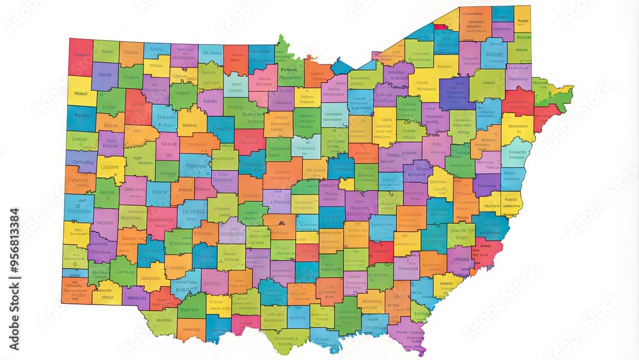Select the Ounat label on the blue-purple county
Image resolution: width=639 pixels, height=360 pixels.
click(x=105, y=75)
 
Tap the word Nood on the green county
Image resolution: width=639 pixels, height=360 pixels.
click(x=106, y=52)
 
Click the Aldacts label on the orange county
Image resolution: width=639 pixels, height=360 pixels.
click(x=185, y=189)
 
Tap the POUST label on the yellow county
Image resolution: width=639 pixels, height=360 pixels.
click(x=107, y=297)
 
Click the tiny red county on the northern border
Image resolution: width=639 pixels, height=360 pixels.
click(x=441, y=27)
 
